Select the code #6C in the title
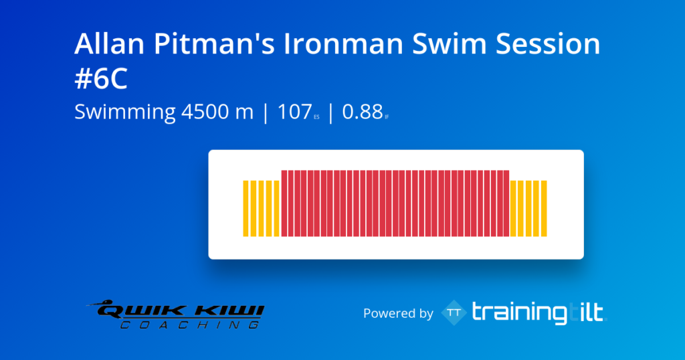(100, 79)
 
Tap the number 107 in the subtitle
(294, 112)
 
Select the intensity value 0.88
(362, 112)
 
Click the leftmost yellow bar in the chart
(246, 208)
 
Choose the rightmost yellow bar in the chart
(544, 208)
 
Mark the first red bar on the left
(284, 203)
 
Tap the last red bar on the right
(506, 203)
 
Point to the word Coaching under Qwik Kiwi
(191, 325)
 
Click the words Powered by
(398, 313)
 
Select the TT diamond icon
(454, 312)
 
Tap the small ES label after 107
(316, 117)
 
